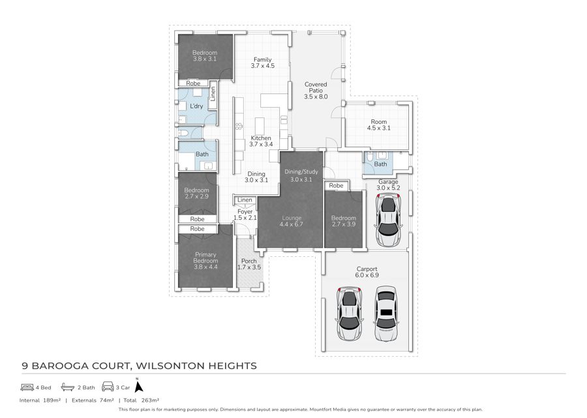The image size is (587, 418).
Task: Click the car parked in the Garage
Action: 389,221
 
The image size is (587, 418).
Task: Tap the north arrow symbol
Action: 139,386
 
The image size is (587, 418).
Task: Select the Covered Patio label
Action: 316,91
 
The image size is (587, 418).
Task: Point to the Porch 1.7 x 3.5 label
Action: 249,264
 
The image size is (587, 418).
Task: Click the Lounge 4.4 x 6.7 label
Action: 292,221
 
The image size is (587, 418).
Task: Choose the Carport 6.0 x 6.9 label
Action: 367,272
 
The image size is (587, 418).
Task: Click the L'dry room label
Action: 196,106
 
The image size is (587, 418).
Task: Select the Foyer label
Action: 245,212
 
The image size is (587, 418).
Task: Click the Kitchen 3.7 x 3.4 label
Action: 261,141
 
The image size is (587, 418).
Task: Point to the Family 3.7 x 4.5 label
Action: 262,63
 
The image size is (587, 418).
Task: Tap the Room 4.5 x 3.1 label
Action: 378,125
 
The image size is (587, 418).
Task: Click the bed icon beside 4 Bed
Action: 27,387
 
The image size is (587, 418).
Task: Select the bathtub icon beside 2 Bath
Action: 68,387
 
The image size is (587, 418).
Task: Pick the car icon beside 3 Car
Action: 108,387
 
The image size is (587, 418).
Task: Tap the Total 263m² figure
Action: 142,400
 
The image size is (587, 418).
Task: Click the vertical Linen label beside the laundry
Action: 213,94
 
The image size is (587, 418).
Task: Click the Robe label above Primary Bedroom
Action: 197,229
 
